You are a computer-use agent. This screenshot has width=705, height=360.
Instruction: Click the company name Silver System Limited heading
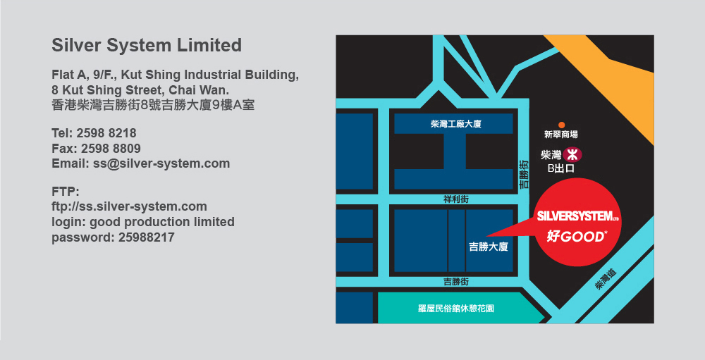147,46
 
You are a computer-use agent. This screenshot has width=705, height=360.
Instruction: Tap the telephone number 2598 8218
106,133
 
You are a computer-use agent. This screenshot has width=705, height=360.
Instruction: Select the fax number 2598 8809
111,149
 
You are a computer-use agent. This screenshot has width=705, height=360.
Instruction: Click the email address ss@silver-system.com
161,163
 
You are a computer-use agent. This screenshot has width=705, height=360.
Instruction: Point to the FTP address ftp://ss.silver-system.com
130,206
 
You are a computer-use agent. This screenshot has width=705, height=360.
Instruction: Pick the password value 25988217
146,237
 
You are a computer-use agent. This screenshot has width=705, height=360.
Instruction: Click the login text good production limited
162,223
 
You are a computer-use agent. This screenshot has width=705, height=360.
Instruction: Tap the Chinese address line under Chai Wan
153,105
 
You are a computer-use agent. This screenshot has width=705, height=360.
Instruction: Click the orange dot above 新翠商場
561,125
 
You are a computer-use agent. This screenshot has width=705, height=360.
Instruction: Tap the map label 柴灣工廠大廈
455,123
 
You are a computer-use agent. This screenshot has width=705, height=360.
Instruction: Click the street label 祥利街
456,199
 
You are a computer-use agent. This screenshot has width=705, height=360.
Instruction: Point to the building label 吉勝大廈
489,247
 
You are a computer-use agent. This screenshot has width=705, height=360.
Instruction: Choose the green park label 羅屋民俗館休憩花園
456,309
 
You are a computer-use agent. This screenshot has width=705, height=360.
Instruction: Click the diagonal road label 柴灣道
606,279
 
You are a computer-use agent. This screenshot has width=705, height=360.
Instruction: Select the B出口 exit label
560,168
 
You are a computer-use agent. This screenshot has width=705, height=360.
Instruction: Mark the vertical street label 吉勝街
524,175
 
